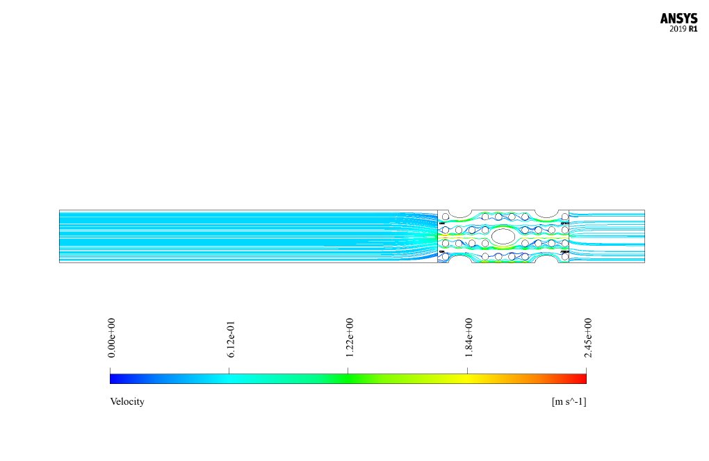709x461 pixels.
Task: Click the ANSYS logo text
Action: pyautogui.click(x=678, y=19)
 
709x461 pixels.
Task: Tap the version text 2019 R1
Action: pyautogui.click(x=683, y=29)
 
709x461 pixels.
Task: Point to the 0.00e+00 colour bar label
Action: pyautogui.click(x=112, y=337)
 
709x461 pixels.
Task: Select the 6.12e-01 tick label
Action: pyautogui.click(x=231, y=340)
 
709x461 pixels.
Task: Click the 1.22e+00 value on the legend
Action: pyautogui.click(x=350, y=337)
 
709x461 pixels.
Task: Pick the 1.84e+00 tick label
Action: pyautogui.click(x=469, y=337)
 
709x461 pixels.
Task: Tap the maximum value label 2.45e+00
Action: pyautogui.click(x=588, y=337)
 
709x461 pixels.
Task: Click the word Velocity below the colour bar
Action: pyautogui.click(x=127, y=401)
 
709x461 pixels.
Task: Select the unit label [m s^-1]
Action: pyautogui.click(x=569, y=401)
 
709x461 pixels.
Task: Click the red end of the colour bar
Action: pyautogui.click(x=582, y=379)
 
